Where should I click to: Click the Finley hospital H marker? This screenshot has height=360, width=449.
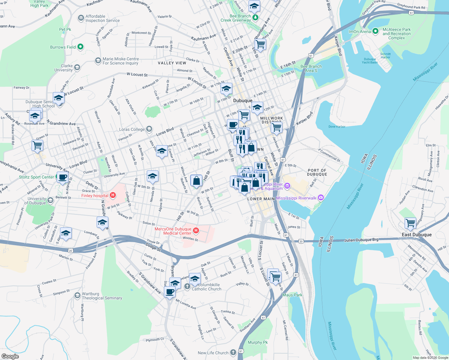point(113,195)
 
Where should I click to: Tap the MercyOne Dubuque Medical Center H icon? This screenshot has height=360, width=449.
point(196,230)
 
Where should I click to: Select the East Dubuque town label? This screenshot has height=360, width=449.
point(417,235)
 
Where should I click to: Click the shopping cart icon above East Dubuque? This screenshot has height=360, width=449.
point(410,223)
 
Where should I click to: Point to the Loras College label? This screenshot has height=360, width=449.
point(132,130)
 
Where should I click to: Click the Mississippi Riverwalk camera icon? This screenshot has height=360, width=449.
point(321,197)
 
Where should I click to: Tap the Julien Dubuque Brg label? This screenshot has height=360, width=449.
point(361,240)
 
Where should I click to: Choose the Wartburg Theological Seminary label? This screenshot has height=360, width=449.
point(102,296)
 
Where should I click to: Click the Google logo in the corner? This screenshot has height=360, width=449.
point(10,356)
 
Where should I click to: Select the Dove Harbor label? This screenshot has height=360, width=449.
point(337,127)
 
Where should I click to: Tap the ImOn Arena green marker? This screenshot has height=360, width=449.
point(375,31)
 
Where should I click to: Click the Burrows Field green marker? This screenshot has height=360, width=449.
point(80,47)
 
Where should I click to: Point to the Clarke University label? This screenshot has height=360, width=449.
point(64,68)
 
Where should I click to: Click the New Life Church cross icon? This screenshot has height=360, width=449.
point(233,352)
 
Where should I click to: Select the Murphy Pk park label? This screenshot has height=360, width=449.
point(258,342)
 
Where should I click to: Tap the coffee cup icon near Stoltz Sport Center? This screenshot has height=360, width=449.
point(62,177)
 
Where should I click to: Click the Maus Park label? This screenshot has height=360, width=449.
point(292,295)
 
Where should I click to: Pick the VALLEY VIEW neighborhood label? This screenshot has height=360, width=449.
point(172,63)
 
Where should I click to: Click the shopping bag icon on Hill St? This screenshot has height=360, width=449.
point(196,181)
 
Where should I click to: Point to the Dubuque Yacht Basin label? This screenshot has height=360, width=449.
point(370,61)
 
